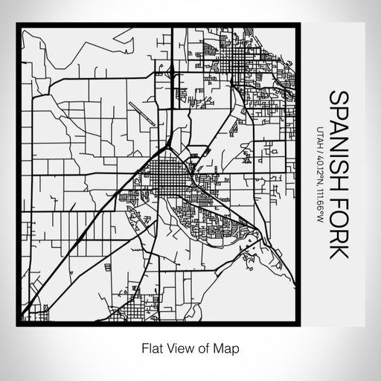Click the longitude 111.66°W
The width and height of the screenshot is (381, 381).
[x=320, y=203]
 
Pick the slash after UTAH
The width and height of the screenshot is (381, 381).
[x=320, y=140]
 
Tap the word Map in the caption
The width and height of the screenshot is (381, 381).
[x=229, y=347]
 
